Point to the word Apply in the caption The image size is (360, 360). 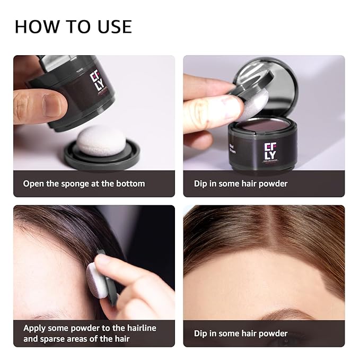pyautogui.click(x=35, y=328)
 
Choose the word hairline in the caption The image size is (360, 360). pyautogui.click(x=139, y=328)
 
